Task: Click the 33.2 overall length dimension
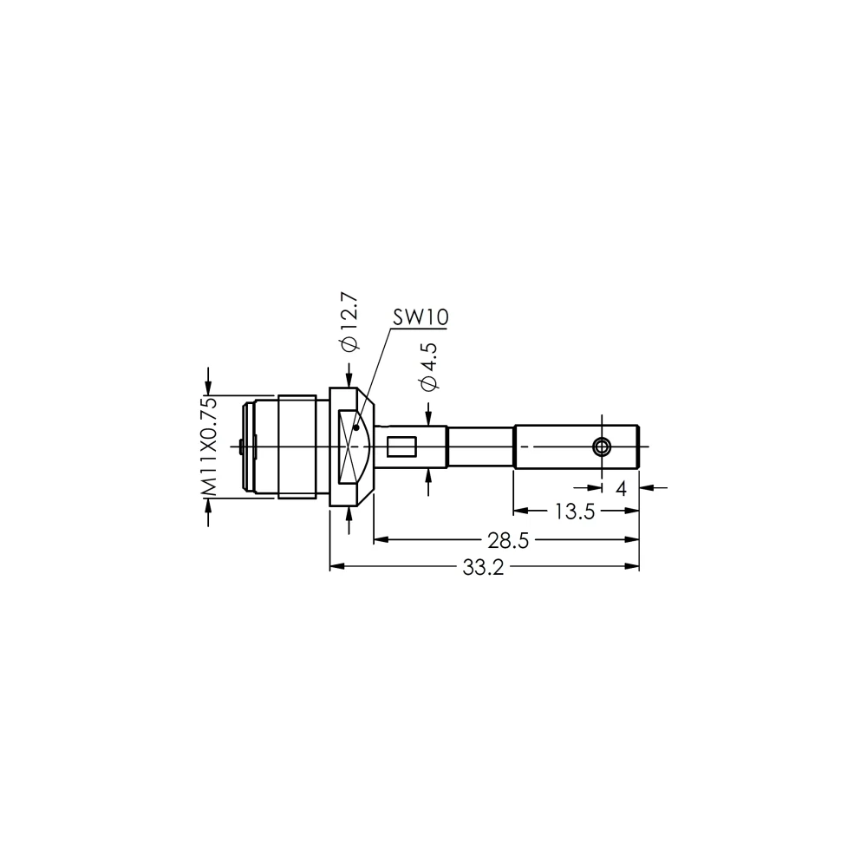[483, 568]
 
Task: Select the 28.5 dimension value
[508, 540]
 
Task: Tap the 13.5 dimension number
[575, 512]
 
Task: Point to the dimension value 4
[621, 489]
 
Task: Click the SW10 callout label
[420, 317]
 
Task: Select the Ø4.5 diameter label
[429, 367]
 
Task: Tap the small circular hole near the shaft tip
[602, 447]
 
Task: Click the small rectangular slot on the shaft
[401, 447]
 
